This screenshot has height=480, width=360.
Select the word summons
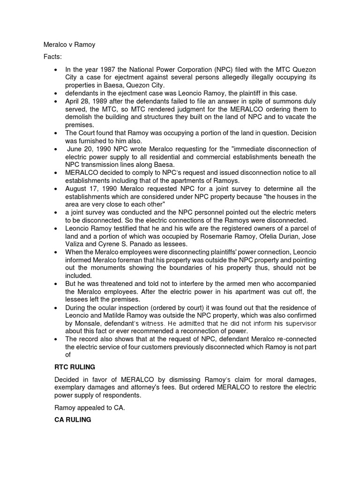tap(280, 101)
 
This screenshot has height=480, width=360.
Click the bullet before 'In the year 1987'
tap(57, 70)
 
